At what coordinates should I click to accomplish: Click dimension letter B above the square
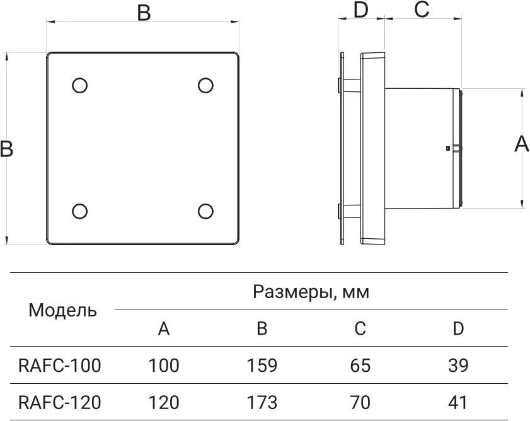(x=144, y=13)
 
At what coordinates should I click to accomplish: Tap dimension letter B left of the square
(x=6, y=149)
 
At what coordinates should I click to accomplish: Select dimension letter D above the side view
(x=361, y=10)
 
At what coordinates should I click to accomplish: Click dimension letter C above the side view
(x=422, y=9)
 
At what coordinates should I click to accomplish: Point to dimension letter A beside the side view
(x=522, y=144)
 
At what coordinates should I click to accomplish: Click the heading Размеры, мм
(x=311, y=292)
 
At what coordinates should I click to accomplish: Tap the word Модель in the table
(x=62, y=310)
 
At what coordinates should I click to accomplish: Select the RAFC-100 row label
(x=59, y=366)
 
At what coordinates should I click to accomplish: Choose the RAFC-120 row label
(x=59, y=402)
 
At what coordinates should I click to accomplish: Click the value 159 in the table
(x=262, y=366)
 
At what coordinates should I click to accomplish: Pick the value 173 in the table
(x=262, y=402)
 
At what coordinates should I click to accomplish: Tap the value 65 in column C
(x=360, y=366)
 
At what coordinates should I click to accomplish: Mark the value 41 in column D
(x=458, y=402)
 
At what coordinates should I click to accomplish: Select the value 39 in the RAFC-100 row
(x=458, y=366)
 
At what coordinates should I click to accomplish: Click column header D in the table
(x=458, y=328)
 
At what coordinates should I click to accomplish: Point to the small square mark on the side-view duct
(x=447, y=149)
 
